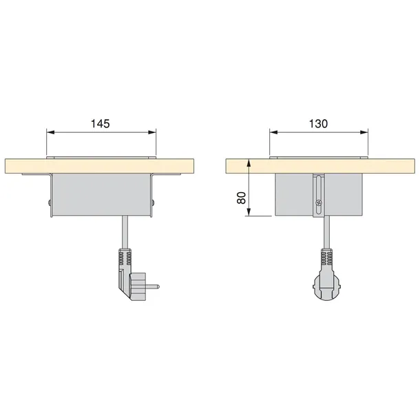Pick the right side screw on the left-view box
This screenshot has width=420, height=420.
click(x=154, y=202)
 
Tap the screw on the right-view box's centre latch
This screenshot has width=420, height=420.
click(x=318, y=203)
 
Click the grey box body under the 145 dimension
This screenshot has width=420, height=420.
click(x=101, y=196)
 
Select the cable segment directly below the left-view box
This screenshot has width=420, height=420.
click(x=124, y=231)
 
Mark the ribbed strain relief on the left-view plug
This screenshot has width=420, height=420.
click(x=125, y=260)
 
